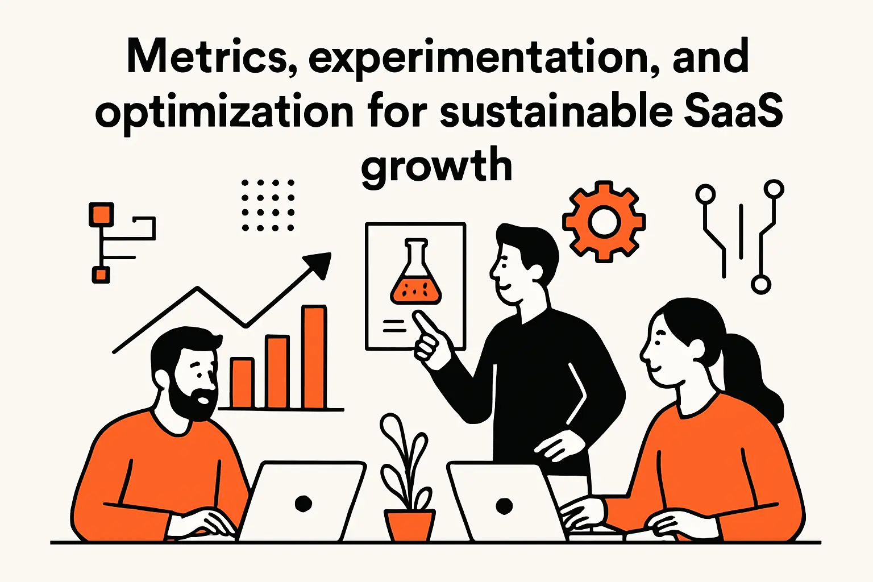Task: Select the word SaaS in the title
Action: click(x=733, y=111)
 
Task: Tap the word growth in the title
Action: click(x=436, y=165)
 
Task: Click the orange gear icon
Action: click(x=604, y=222)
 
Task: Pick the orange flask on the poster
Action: click(x=415, y=278)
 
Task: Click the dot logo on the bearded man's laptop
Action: click(x=304, y=503)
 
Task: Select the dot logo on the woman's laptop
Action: click(x=504, y=505)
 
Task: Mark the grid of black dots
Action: click(x=268, y=205)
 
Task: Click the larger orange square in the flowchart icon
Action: click(x=101, y=215)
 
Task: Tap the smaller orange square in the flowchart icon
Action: click(x=101, y=275)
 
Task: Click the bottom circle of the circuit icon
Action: click(x=760, y=284)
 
